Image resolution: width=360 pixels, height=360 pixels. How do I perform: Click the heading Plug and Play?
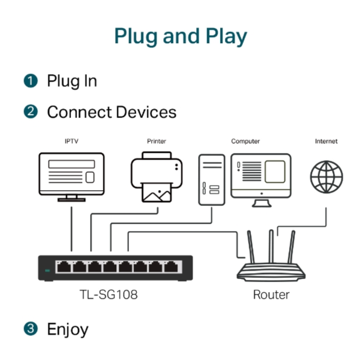[x=180, y=37]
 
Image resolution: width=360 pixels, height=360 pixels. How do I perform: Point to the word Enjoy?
[x=67, y=329]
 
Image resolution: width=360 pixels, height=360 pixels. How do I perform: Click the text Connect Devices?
[x=112, y=112]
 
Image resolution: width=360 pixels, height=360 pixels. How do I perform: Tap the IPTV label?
[x=71, y=142]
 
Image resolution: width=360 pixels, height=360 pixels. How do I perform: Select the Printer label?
[x=157, y=142]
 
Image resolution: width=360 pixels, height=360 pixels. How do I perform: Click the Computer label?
[x=245, y=142]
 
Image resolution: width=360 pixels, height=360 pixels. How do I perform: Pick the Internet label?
[x=326, y=142]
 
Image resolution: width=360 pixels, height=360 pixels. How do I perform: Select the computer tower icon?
[x=212, y=179]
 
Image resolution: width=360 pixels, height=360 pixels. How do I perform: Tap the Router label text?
[x=271, y=295]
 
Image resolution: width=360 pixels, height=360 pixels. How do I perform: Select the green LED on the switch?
[x=47, y=271]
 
